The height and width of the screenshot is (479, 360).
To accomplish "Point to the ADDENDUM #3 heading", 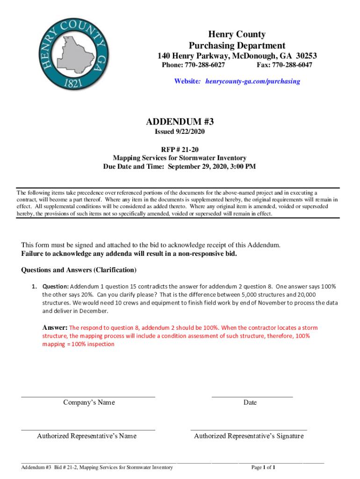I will pyautogui.click(x=180, y=122).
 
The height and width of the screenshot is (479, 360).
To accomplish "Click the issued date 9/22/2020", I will pyautogui.click(x=190, y=132).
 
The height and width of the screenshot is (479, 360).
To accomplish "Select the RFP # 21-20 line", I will pyautogui.click(x=180, y=149).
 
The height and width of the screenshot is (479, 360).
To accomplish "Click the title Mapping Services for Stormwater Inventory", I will pyautogui.click(x=180, y=158).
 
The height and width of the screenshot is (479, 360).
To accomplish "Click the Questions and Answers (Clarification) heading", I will pyautogui.click(x=79, y=270).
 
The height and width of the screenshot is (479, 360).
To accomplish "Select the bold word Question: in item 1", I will pyautogui.click(x=56, y=286).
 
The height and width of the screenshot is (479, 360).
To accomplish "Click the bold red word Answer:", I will pyautogui.click(x=55, y=327).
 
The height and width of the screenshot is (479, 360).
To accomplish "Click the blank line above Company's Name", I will pyautogui.click(x=88, y=396).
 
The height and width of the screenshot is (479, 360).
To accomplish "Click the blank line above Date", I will pyautogui.click(x=252, y=396).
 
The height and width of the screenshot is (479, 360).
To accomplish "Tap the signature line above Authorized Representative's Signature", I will pyautogui.click(x=249, y=429).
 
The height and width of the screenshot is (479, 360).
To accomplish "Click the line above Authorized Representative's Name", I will pyautogui.click(x=88, y=429).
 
